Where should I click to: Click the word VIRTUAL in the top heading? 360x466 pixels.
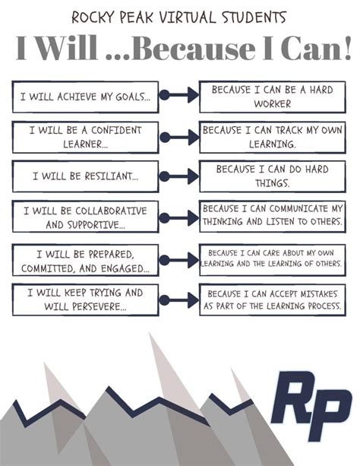tap(187, 17)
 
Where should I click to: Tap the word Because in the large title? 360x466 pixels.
tap(196, 48)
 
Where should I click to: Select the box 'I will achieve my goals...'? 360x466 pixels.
tap(85, 97)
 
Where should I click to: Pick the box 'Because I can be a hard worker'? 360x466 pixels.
tap(273, 97)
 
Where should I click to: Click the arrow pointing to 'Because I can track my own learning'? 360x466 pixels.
tap(179, 138)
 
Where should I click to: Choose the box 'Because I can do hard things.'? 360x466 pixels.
tap(273, 176)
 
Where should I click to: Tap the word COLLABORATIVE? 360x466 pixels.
tap(111, 211)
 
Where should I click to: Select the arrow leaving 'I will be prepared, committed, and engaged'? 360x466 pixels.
tap(179, 260)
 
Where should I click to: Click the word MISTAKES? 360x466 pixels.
tap(319, 294)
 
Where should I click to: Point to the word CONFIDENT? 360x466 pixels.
tap(116, 130)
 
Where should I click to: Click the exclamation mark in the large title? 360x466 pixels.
tap(347, 48)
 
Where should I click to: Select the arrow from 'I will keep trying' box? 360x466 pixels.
tap(179, 300)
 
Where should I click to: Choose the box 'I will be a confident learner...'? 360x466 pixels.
tap(85, 138)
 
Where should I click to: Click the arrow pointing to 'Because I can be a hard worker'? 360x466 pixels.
tap(179, 95)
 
